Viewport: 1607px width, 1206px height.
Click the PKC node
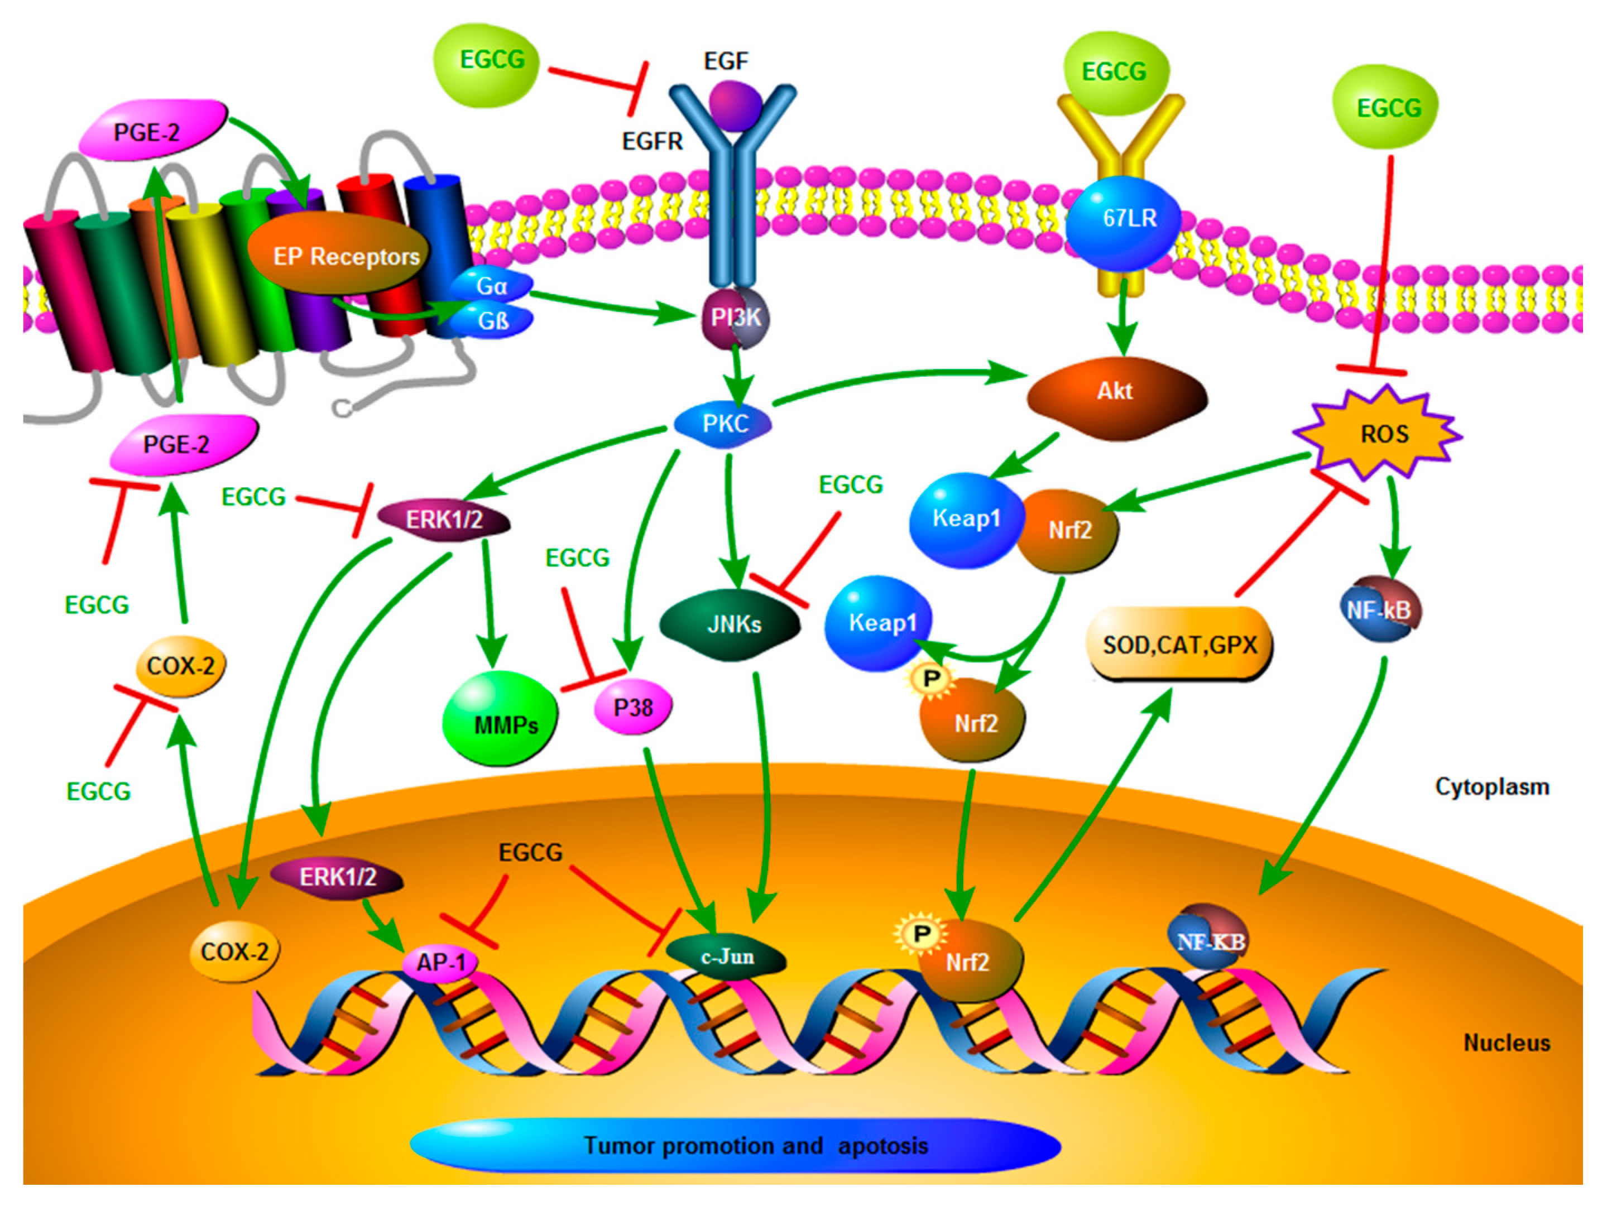click(723, 424)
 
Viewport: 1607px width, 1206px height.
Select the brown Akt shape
click(1115, 396)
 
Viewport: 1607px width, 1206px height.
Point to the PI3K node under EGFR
click(735, 318)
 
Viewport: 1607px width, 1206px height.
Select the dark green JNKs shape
click(730, 624)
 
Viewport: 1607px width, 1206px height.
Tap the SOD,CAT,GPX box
click(1179, 645)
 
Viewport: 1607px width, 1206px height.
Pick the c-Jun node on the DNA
click(727, 958)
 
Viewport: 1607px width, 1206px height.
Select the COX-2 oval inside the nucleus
click(234, 951)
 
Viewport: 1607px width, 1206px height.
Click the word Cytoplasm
click(1491, 787)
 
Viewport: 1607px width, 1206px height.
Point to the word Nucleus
click(1506, 1043)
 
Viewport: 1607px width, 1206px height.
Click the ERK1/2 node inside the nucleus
click(337, 877)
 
